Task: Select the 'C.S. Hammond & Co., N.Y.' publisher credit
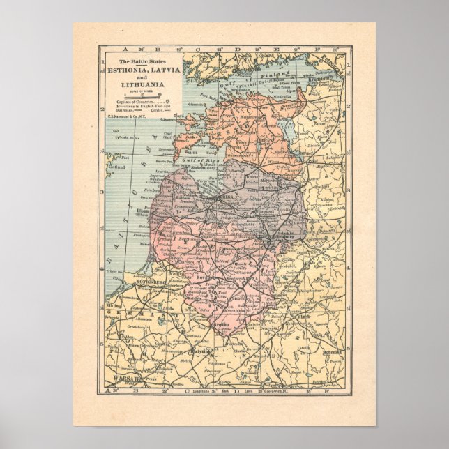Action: coord(130,116)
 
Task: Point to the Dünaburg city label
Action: coord(278,235)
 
